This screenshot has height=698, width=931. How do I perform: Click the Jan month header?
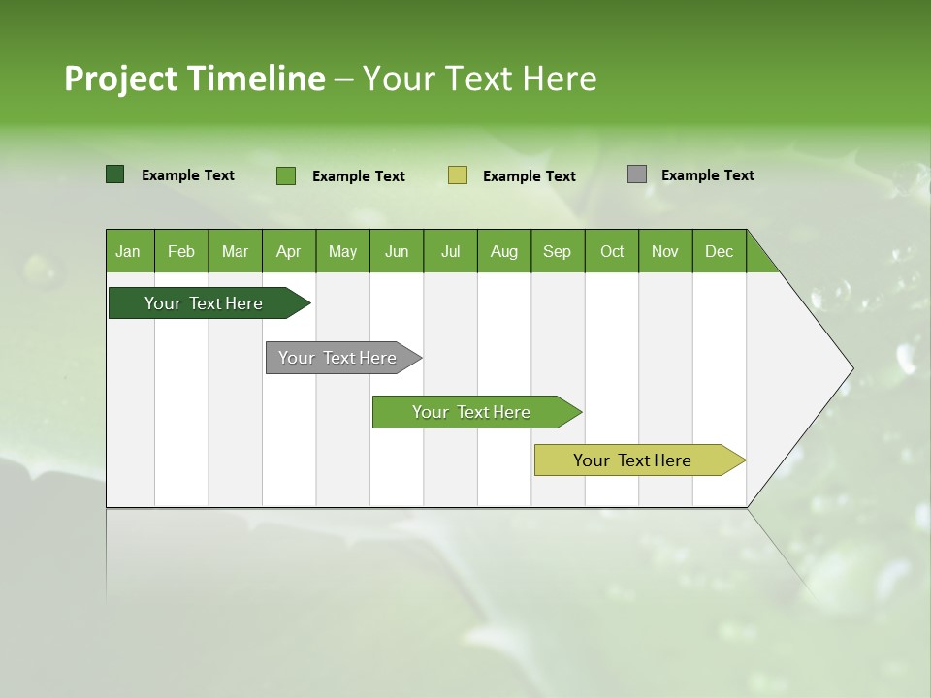(x=129, y=251)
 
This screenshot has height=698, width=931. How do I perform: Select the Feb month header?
(x=181, y=251)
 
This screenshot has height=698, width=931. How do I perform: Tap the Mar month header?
(x=235, y=251)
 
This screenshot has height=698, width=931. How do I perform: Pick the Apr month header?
(x=289, y=251)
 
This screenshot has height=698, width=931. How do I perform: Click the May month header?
(x=342, y=251)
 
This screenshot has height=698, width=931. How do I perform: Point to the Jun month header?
(x=397, y=251)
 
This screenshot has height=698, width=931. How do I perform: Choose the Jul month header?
(x=450, y=251)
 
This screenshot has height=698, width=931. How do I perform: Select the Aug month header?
(x=504, y=251)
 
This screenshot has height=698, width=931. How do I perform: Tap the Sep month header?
(x=558, y=251)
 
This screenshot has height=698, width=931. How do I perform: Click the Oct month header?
(x=612, y=251)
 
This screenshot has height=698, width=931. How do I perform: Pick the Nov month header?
(x=665, y=251)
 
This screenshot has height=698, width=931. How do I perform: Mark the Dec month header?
(x=720, y=251)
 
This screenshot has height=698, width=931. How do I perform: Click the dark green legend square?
(x=115, y=174)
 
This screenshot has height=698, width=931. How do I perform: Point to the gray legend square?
(x=637, y=174)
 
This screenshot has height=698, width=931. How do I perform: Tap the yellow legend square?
(x=458, y=175)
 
